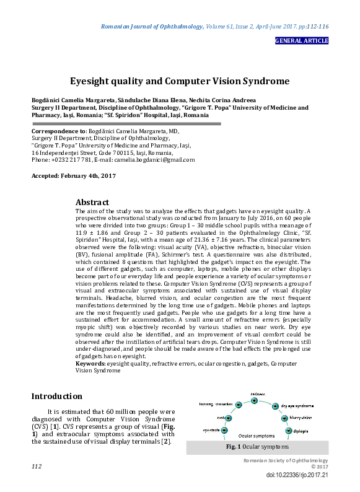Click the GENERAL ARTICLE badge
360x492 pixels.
point(301,41)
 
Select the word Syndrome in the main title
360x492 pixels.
point(260,81)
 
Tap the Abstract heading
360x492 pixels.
point(92,202)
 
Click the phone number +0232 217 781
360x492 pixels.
point(68,160)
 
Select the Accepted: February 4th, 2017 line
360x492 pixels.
point(73,176)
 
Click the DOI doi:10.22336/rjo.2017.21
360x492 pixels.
point(297,475)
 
